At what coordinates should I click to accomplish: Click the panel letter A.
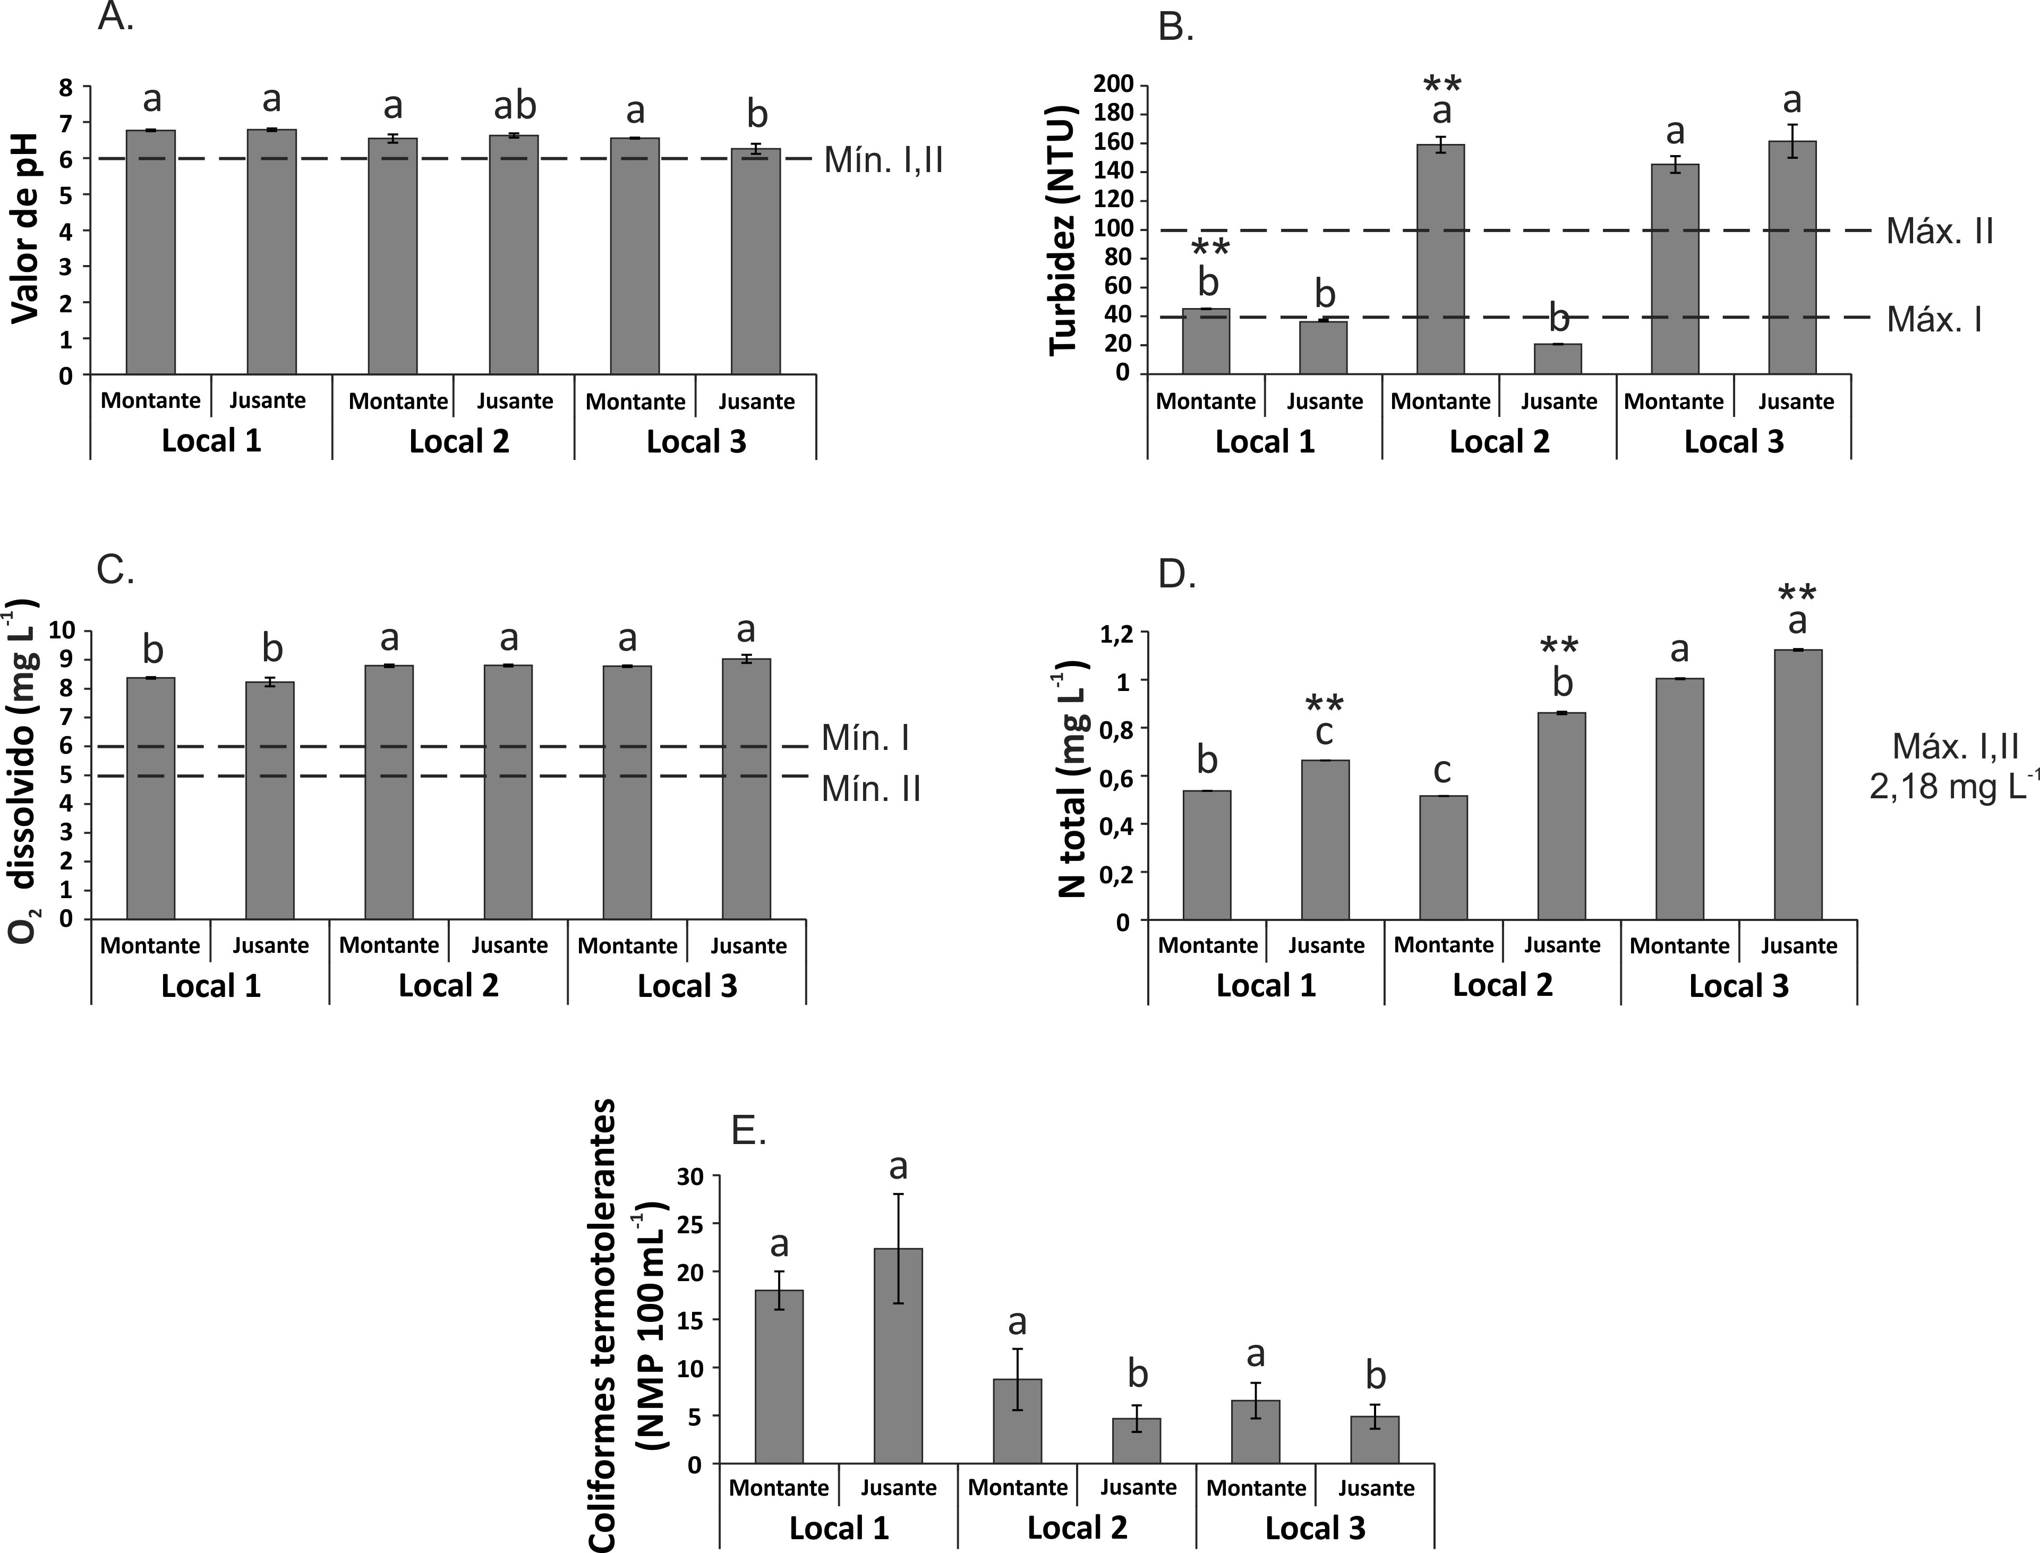click(x=116, y=16)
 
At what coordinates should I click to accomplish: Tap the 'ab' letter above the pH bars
click(x=515, y=106)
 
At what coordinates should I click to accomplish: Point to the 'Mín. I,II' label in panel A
click(x=883, y=161)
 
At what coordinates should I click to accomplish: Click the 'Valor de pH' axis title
click(x=26, y=227)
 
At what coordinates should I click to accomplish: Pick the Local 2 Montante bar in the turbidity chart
click(x=1441, y=259)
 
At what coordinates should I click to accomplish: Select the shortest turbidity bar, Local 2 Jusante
click(x=1558, y=359)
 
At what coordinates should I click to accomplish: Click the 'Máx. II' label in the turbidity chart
click(x=1939, y=231)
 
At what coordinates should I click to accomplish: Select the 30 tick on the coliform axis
click(x=689, y=1176)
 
